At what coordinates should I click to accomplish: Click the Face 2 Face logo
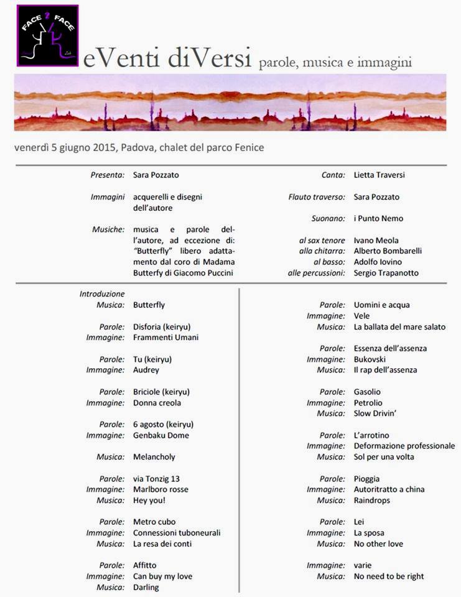(48, 35)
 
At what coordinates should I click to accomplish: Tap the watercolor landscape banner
(230, 103)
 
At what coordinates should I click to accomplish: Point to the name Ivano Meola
(376, 240)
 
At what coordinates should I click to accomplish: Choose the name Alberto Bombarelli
(388, 251)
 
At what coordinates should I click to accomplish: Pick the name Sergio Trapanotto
(386, 272)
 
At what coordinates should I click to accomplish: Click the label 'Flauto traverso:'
(317, 197)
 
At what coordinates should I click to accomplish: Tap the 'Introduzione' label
(102, 294)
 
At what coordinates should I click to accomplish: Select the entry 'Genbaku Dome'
(161, 435)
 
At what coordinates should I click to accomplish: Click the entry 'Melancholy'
(154, 457)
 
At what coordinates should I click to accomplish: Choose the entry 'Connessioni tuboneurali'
(177, 533)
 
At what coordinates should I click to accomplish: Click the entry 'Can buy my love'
(162, 576)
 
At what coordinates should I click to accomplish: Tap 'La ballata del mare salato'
(399, 326)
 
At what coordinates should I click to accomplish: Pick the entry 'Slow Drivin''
(376, 414)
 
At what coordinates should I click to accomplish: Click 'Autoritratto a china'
(389, 489)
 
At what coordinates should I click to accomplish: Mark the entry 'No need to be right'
(388, 576)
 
